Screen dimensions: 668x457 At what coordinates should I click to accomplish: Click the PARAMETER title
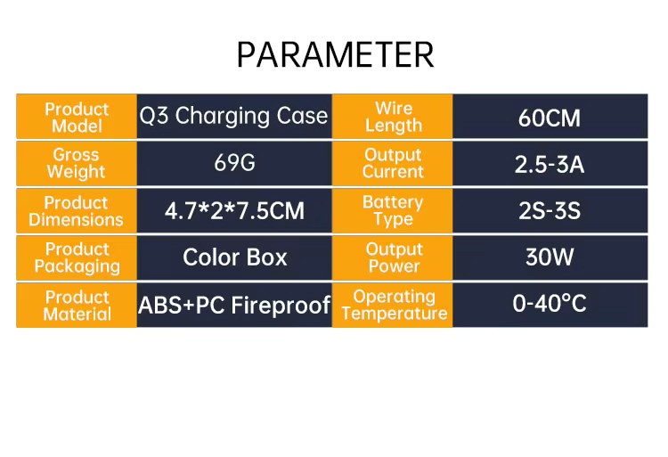tap(335, 54)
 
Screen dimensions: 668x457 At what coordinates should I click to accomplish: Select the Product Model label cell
tap(77, 118)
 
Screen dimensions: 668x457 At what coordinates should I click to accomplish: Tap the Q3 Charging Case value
tap(233, 117)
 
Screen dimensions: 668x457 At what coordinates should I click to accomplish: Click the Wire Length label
tap(394, 117)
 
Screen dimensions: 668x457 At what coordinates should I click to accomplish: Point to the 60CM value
tap(550, 118)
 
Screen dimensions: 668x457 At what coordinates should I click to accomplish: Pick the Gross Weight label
tap(76, 163)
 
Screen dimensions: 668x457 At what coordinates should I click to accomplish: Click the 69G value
tap(234, 163)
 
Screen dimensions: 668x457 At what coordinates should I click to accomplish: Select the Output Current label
tap(393, 163)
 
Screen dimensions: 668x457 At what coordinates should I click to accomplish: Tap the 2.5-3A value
tap(550, 165)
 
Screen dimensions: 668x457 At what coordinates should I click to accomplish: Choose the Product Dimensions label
tap(76, 211)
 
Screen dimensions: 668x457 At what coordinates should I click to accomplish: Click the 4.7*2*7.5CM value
tap(234, 211)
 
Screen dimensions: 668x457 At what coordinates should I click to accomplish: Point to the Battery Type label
tap(393, 210)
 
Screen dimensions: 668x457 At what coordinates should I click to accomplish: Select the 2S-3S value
tap(550, 211)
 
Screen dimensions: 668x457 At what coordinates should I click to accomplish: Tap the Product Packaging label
tap(77, 257)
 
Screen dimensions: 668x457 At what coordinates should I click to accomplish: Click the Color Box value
tap(235, 257)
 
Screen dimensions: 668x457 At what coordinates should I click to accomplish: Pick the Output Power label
tap(394, 257)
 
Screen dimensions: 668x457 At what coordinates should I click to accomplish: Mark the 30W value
tap(550, 257)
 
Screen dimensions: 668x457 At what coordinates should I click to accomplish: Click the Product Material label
tap(77, 306)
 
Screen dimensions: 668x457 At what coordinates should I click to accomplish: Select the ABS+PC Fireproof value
tap(234, 305)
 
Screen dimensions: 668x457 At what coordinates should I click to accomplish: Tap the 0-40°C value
tap(550, 304)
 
